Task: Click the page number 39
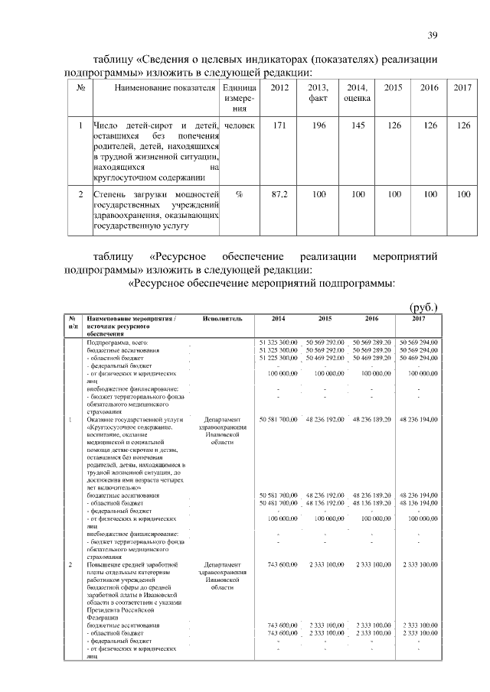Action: tap(432, 36)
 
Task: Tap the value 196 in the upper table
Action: tap(318, 125)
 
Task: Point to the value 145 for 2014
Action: tap(357, 125)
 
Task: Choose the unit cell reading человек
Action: tap(240, 125)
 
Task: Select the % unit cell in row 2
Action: tap(240, 194)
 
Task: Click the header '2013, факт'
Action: tap(318, 93)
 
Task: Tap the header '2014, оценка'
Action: tap(357, 93)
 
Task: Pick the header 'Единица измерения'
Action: tap(240, 99)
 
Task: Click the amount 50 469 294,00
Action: tap(418, 357)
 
